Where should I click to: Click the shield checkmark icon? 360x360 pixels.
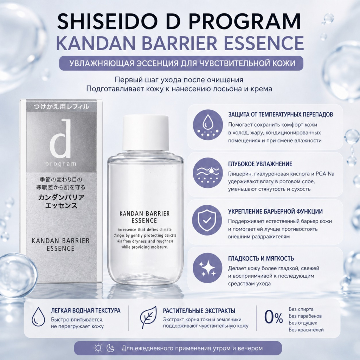coord(207,220)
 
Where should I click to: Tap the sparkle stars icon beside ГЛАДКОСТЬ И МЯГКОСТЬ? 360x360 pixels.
coord(207,268)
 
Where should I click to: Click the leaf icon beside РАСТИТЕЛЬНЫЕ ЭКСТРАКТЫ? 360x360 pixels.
coord(148,317)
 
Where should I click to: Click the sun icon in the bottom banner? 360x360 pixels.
coord(98,348)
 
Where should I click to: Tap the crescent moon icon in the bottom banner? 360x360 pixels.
coord(111,348)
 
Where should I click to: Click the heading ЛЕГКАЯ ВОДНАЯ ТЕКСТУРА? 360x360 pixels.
coord(86,311)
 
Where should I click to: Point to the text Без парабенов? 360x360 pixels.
coord(305,316)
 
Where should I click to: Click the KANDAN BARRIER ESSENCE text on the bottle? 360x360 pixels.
coord(145,217)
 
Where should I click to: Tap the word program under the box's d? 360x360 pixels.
coord(60,163)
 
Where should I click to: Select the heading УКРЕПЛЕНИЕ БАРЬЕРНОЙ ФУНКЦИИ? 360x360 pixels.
coord(275,212)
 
